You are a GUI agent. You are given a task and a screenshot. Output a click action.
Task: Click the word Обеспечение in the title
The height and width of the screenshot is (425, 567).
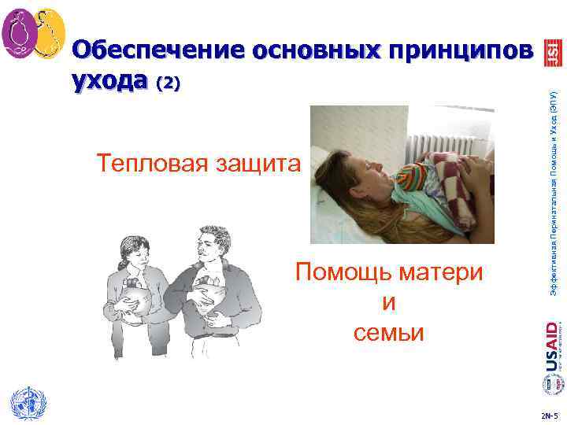point(157,50)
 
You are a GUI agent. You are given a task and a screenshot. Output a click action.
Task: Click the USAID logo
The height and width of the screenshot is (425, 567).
point(553,346)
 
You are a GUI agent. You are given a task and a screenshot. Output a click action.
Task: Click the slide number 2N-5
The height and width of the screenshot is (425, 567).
point(552,415)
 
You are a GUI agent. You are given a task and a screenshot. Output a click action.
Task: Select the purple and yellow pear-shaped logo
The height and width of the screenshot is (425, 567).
point(33,35)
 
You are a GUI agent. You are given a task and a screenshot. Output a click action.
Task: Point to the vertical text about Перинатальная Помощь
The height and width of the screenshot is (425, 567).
point(554,189)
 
